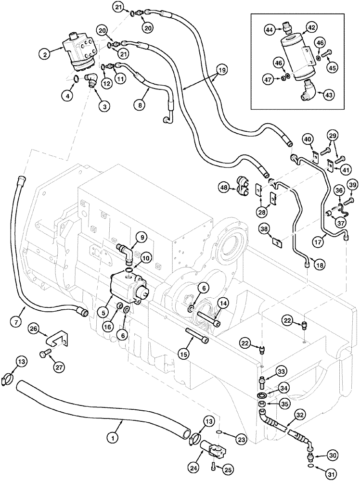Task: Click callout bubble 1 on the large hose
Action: [x=112, y=438]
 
